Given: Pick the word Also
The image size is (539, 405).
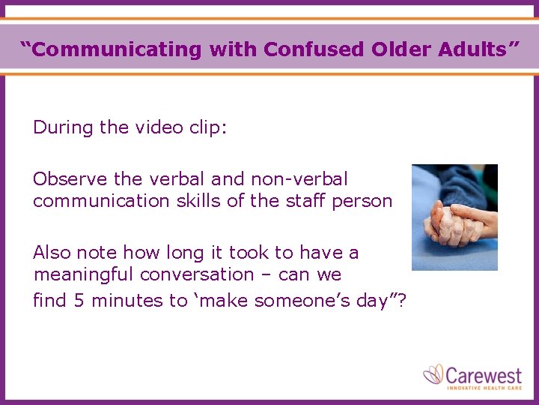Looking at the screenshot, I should [51, 253].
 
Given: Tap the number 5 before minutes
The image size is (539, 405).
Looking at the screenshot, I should [79, 301].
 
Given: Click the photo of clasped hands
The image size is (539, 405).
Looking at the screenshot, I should [454, 217].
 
